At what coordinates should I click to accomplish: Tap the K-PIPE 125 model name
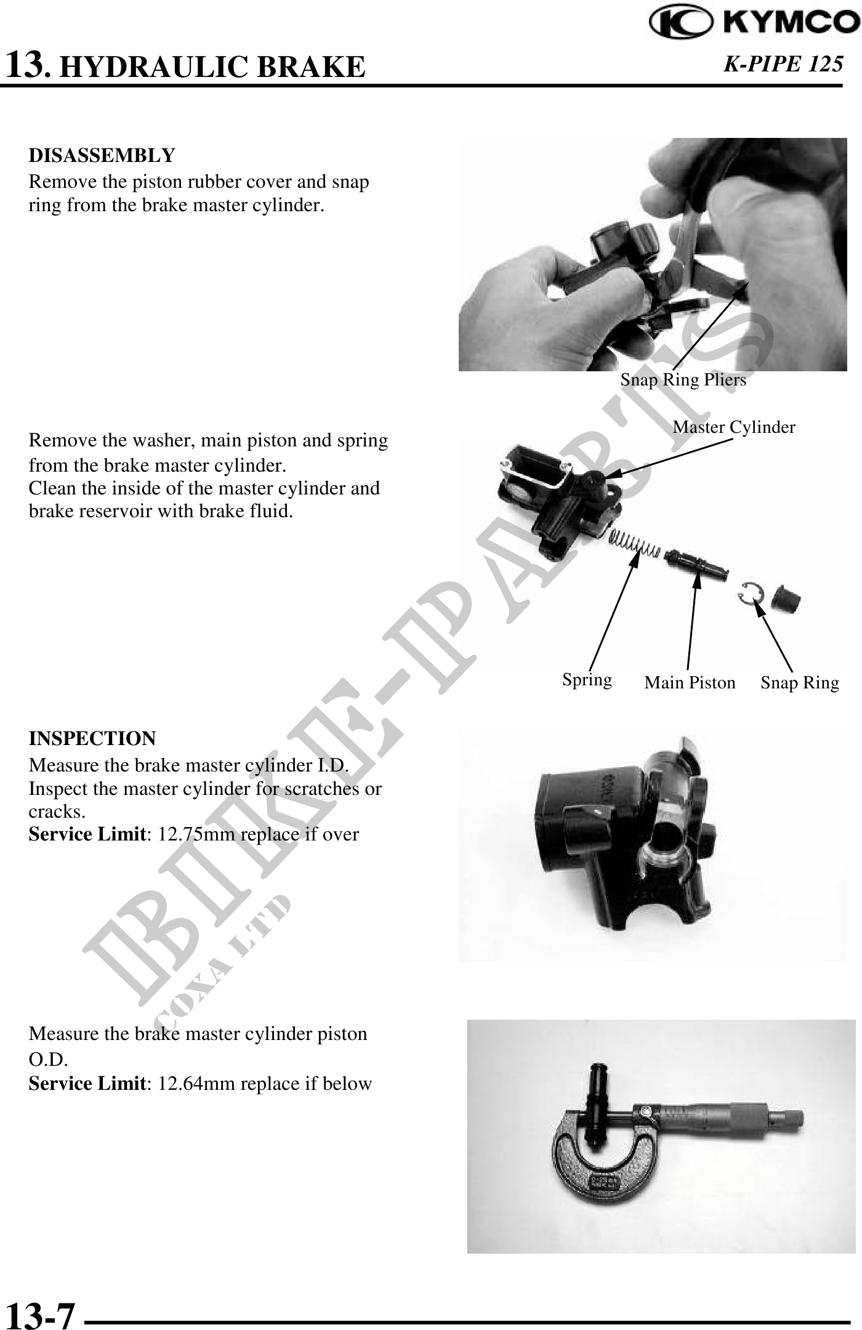coord(783,64)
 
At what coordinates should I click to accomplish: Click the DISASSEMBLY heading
coord(102,155)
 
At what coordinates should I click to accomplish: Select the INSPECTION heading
coord(92,738)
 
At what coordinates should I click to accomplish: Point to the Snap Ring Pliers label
coord(683,380)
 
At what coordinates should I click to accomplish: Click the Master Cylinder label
coord(734,427)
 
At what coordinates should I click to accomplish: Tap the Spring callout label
coord(587,680)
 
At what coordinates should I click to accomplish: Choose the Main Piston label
coord(690,683)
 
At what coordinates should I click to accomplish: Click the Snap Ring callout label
coord(800,683)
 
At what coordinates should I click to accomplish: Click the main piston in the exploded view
coord(696,563)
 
